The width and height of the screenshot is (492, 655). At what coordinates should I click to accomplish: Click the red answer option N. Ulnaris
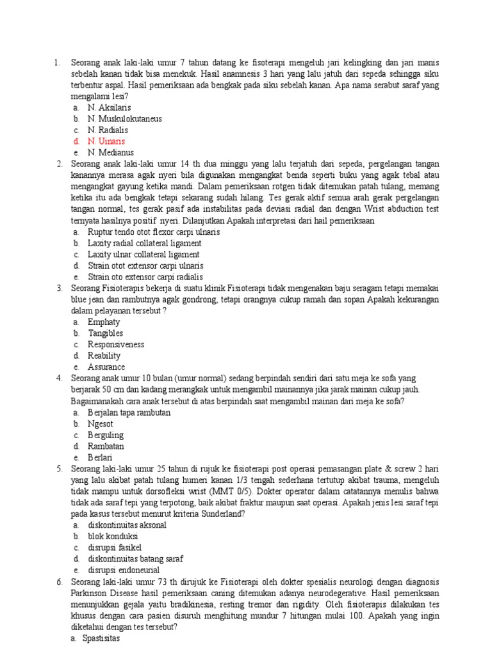[x=106, y=141]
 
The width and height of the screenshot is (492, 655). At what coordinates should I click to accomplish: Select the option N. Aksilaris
[x=109, y=107]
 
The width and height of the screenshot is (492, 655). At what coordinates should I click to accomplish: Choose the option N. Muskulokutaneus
[x=125, y=118]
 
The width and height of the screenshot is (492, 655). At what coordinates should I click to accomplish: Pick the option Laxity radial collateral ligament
[x=144, y=243]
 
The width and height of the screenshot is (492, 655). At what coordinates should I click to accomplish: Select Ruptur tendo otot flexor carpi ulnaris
[x=153, y=232]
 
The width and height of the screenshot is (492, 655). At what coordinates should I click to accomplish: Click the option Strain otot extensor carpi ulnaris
[x=145, y=265]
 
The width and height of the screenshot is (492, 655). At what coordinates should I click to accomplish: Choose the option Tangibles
[x=105, y=333]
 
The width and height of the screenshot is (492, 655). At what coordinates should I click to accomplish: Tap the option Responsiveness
[x=116, y=344]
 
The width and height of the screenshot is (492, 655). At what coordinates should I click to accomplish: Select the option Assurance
[x=106, y=367]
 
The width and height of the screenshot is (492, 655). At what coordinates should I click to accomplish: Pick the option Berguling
[x=106, y=435]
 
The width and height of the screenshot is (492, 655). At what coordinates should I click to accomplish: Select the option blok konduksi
[x=113, y=536]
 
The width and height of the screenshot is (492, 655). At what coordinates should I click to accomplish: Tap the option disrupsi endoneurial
[x=124, y=570]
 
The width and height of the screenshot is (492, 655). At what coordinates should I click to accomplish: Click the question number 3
[x=59, y=288]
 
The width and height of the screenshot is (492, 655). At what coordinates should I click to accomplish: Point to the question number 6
[x=59, y=581]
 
